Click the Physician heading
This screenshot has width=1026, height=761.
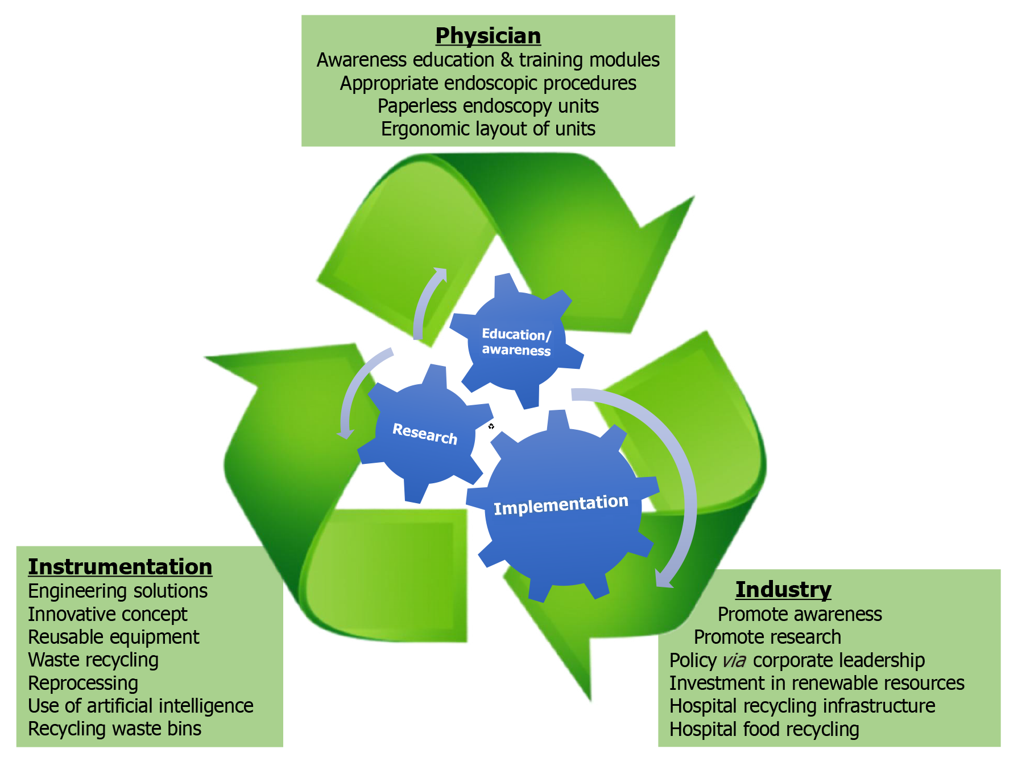[488, 36]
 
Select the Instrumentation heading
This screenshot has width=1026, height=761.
[120, 567]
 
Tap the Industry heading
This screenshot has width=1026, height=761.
[783, 590]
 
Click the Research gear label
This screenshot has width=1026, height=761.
[425, 434]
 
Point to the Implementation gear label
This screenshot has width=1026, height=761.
[561, 504]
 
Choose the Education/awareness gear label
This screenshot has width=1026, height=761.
[516, 342]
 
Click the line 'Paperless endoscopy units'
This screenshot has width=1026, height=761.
[488, 106]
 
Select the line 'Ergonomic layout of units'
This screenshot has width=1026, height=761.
[488, 129]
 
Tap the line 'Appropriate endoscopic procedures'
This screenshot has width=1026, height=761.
[488, 84]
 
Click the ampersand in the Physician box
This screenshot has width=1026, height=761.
[506, 60]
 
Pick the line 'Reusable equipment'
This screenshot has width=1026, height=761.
[114, 637]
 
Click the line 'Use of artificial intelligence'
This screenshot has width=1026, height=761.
[140, 706]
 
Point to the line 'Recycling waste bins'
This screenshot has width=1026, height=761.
[114, 729]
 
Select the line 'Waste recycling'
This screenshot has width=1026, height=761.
[93, 660]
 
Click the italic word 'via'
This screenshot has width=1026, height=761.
[734, 661]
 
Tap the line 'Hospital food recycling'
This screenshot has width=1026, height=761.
[764, 729]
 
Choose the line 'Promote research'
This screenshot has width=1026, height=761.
[767, 637]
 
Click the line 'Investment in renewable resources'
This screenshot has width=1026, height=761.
[817, 683]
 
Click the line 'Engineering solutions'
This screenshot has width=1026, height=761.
[118, 591]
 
